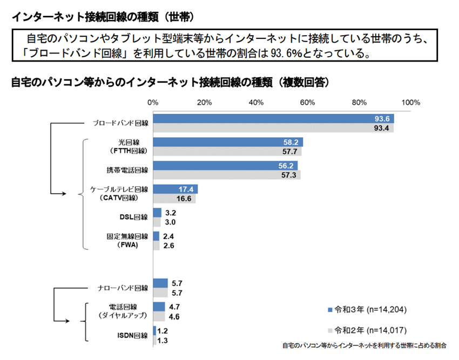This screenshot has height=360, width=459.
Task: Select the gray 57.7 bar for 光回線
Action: coord(227,152)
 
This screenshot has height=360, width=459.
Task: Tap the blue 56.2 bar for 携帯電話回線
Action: coord(224,166)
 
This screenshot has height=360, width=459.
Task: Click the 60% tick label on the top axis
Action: coord(307,103)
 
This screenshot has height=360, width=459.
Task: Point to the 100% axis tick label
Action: coord(410,103)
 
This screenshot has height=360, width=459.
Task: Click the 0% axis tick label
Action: coord(153,103)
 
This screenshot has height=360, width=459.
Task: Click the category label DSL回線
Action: coord(133,218)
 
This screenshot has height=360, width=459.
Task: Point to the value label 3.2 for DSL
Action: coord(171,213)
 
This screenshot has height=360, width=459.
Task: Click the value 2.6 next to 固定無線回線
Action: coord(169,246)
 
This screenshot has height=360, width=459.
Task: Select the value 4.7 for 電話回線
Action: coord(174,307)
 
